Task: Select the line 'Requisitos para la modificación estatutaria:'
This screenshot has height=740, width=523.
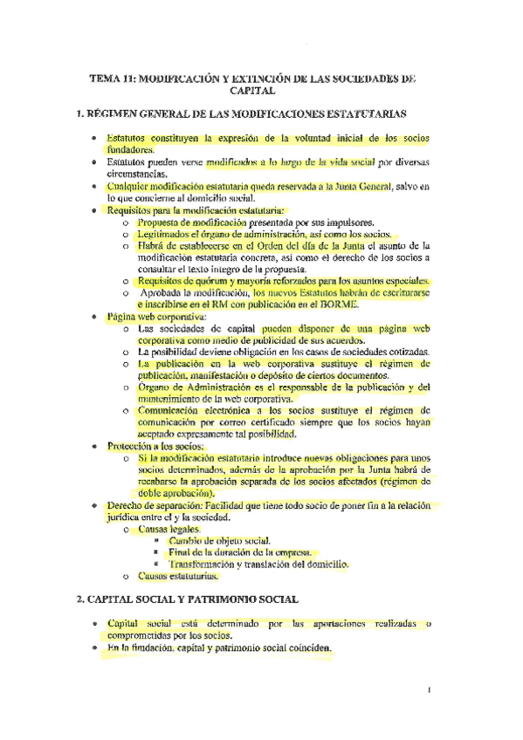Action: click(183, 210)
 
